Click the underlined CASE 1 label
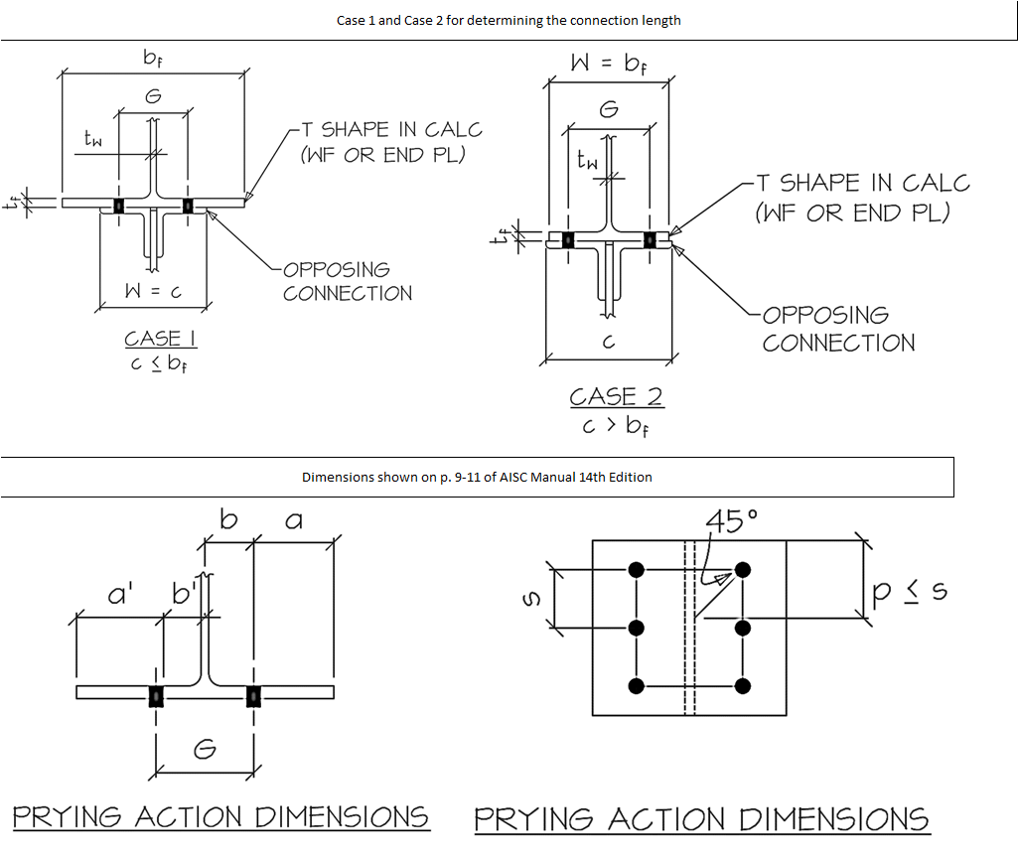160,339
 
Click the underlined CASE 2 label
616,396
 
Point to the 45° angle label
731,521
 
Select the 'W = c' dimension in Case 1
153,293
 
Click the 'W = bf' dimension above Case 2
609,64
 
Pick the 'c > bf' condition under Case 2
615,427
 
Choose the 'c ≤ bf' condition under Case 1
160,364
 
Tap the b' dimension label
184,596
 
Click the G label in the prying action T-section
204,750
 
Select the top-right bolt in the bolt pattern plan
742,570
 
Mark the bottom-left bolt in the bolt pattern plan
637,685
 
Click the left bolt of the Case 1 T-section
118,206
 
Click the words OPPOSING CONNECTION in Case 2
838,329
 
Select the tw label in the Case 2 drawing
587,159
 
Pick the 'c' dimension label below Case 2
609,342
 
